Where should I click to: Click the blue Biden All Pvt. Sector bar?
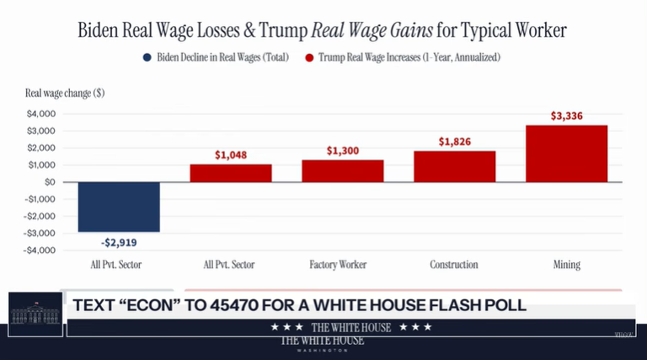pos(119,207)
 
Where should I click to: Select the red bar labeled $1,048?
pos(230,173)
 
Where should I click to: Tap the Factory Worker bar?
pos(342,171)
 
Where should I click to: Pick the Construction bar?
pos(454,167)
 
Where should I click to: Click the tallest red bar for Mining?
pos(566,153)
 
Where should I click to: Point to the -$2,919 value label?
pos(119,243)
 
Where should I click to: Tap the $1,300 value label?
pos(342,150)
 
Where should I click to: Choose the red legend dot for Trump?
pos(310,58)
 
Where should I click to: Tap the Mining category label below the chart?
pos(566,265)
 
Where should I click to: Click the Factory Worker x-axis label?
pos(342,265)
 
